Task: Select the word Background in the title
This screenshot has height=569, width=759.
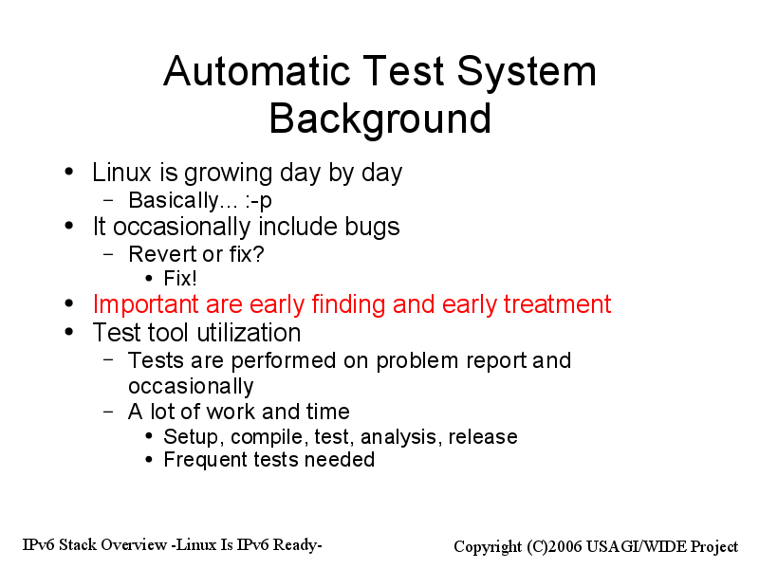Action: pyautogui.click(x=380, y=119)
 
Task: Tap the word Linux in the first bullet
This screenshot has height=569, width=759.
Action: pyautogui.click(x=122, y=173)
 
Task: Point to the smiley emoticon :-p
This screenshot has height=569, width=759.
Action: pyautogui.click(x=258, y=201)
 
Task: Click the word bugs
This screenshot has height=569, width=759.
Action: pyautogui.click(x=372, y=228)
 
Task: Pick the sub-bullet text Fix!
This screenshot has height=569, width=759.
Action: pyautogui.click(x=180, y=279)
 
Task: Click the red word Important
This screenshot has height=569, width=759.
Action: pyautogui.click(x=145, y=304)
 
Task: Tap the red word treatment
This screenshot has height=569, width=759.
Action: pyautogui.click(x=557, y=304)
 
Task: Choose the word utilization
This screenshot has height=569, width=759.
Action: pyautogui.click(x=249, y=333)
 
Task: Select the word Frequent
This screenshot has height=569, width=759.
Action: pyautogui.click(x=205, y=460)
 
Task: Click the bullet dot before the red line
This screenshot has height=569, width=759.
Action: pyautogui.click(x=69, y=303)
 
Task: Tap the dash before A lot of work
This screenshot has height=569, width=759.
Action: pyautogui.click(x=108, y=412)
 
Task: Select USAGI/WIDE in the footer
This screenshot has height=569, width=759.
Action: pyautogui.click(x=636, y=547)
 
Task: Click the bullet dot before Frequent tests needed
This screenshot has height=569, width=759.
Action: pyautogui.click(x=149, y=460)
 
